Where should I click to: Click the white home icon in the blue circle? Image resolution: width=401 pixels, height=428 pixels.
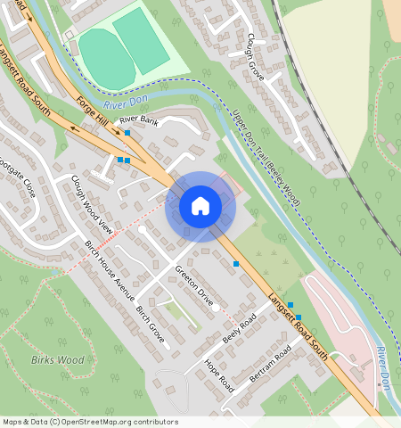click(x=200, y=207)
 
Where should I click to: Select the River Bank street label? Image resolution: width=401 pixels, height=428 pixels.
click(x=138, y=120)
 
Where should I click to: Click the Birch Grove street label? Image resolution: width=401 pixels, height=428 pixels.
click(x=151, y=327)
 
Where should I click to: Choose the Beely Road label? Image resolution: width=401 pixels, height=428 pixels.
click(x=239, y=329)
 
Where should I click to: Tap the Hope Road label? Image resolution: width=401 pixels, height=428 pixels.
click(x=218, y=376)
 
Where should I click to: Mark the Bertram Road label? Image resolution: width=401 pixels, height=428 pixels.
click(x=270, y=366)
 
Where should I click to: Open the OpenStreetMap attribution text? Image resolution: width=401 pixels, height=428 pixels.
click(x=90, y=422)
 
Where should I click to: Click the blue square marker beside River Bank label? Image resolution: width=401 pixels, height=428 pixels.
click(x=127, y=133)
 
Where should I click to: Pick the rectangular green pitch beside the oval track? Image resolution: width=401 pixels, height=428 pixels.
click(x=141, y=41)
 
